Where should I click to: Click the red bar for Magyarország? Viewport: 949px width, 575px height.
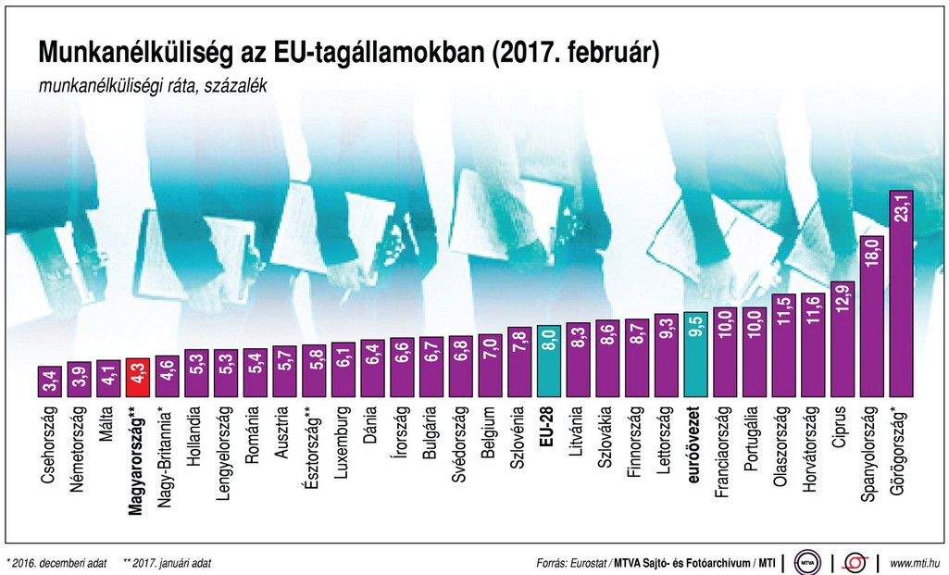[138, 378]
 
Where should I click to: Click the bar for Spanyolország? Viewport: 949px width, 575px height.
[872, 316]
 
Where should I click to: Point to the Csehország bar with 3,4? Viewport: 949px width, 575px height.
[50, 381]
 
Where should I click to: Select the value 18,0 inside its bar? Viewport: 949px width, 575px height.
[872, 255]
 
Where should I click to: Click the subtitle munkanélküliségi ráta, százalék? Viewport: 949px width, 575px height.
[152, 85]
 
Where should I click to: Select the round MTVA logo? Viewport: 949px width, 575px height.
[809, 562]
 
